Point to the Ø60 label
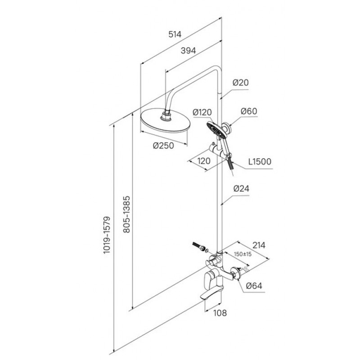pyautogui.click(x=248, y=111)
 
